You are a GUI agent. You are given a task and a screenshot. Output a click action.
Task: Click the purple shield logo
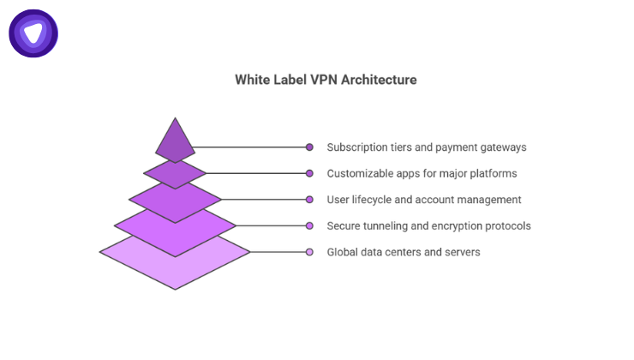(33, 33)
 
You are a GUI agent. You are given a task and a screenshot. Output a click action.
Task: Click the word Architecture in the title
(378, 80)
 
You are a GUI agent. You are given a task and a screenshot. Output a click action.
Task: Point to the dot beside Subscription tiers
(309, 147)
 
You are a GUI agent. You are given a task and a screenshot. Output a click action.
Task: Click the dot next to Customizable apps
(309, 173)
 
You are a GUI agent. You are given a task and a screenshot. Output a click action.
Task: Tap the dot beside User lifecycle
(309, 200)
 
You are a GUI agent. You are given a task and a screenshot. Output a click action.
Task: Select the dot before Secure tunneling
(309, 226)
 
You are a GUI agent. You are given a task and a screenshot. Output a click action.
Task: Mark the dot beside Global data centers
(309, 252)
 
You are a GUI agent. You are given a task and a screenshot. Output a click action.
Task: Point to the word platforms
(493, 173)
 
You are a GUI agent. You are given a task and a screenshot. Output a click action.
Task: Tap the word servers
(461, 252)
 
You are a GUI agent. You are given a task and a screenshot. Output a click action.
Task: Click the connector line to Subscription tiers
(248, 147)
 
